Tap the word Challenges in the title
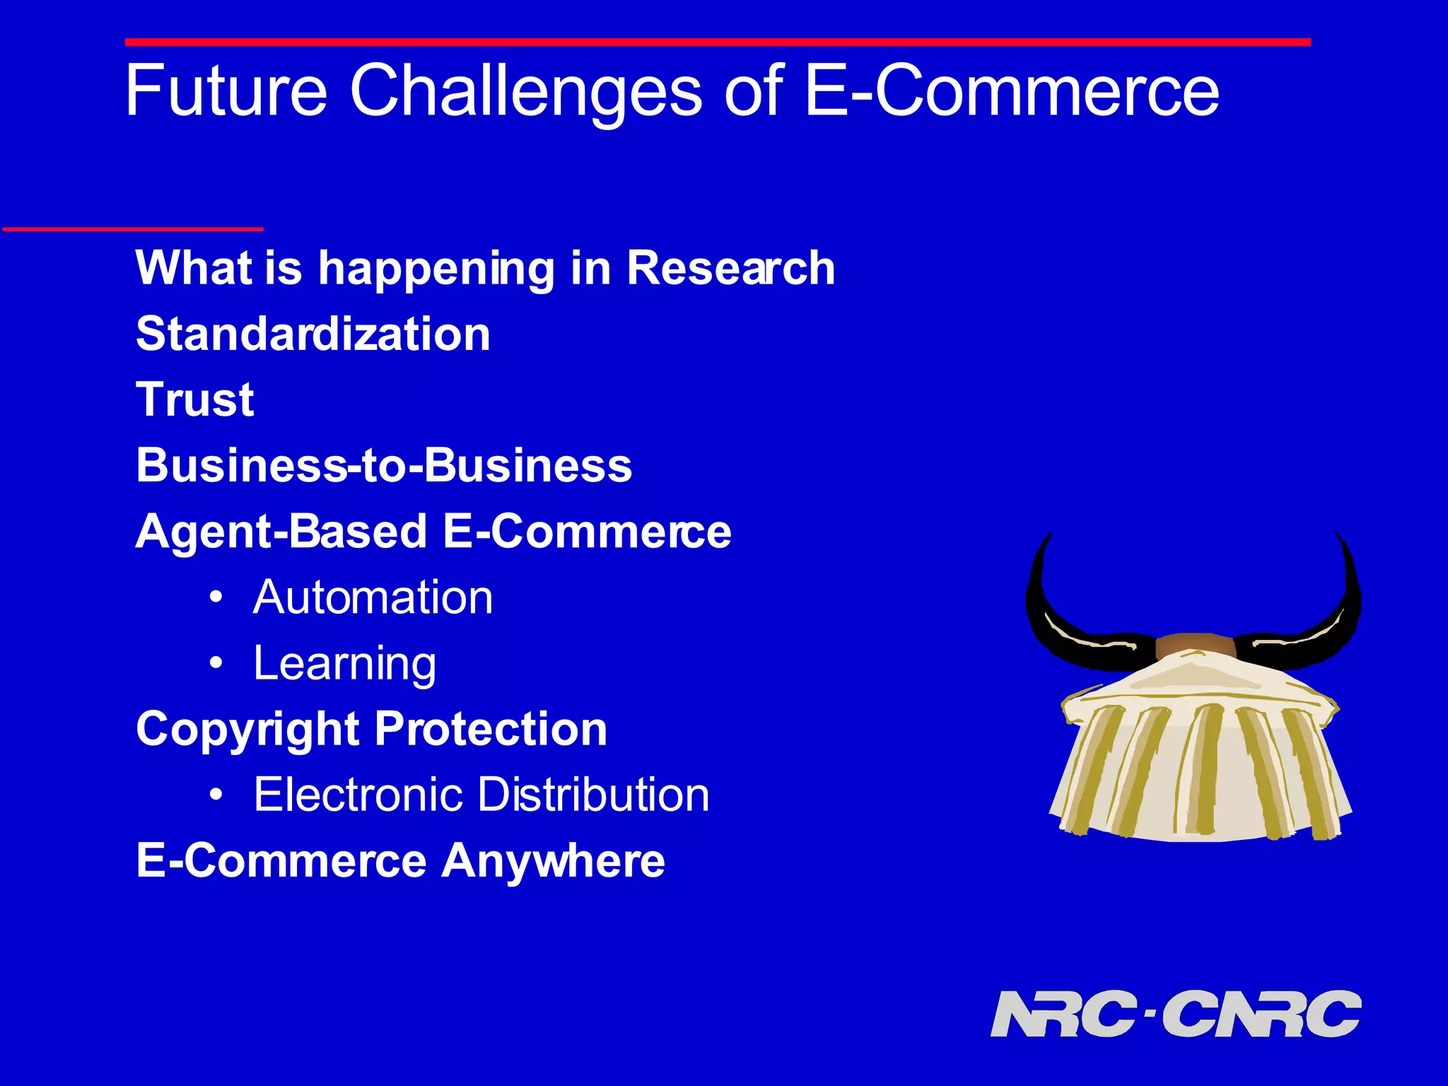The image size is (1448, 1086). coord(526,92)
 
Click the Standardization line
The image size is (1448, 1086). coord(313,334)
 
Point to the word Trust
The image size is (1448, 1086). coord(194,399)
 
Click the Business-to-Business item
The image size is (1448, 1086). coord(384,466)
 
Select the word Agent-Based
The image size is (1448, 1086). coord(281,532)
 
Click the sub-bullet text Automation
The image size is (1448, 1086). coord(373,598)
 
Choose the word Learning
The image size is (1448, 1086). coord(345,664)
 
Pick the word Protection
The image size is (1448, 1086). coord(491,729)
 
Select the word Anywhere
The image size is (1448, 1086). coord(553,861)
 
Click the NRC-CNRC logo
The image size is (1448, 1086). coord(1175,1014)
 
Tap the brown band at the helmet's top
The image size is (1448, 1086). coord(1195,645)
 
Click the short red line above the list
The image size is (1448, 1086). coord(133,228)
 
